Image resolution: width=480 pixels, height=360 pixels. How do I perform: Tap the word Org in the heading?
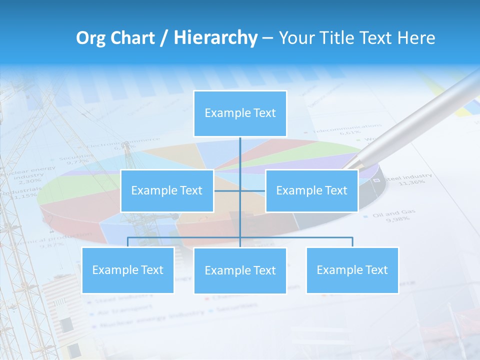[90, 38]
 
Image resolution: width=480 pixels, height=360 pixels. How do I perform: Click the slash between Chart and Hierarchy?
[164, 38]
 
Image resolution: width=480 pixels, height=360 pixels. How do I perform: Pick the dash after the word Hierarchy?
[267, 38]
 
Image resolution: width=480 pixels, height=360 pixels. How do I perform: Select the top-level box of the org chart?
[240, 113]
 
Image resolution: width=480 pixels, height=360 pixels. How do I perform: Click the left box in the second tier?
[167, 190]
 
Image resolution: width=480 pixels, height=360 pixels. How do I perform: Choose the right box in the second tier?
[311, 190]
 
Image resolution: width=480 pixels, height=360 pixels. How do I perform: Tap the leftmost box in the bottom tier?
[127, 270]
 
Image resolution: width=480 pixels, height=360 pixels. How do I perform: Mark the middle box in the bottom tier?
[240, 270]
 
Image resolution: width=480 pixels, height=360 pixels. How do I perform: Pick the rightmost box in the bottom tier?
[352, 270]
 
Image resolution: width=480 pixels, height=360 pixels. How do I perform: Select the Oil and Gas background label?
[394, 213]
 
